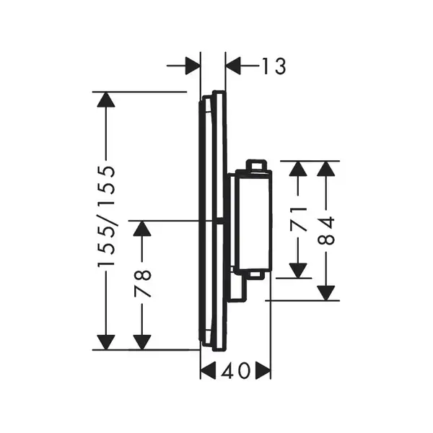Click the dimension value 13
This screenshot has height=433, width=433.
274,66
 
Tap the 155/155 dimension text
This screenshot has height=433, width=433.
106,216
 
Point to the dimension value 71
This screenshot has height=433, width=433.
298,219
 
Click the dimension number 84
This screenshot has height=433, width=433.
326,231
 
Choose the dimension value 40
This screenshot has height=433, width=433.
235,371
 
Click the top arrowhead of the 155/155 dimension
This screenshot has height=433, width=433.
106,100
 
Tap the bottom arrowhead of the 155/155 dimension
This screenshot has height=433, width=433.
106,342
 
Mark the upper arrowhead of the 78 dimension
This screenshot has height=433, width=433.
142,228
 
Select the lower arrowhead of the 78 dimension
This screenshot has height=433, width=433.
142,342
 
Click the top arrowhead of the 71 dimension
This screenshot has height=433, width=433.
298,168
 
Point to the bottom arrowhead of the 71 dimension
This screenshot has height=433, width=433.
298,271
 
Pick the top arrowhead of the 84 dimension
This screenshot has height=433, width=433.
326,168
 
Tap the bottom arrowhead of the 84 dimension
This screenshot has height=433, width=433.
326,293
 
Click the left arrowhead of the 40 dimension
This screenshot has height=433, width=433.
208,371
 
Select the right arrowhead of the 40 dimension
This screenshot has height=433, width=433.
263,371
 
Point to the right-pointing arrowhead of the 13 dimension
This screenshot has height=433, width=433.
193,66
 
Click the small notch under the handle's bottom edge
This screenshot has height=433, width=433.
255,274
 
